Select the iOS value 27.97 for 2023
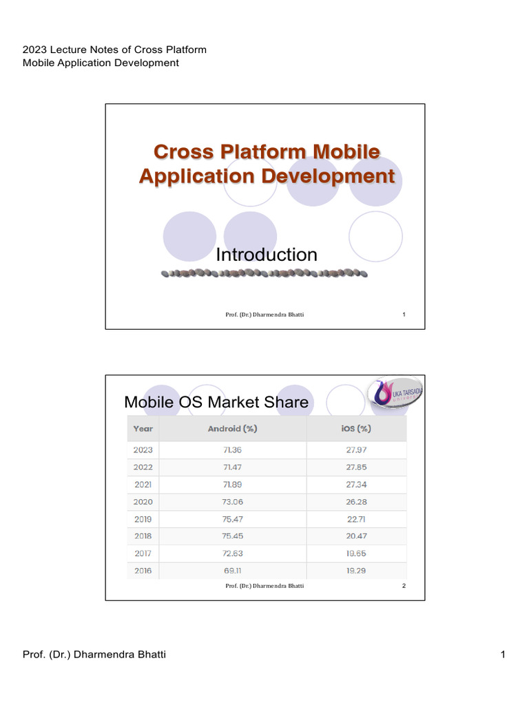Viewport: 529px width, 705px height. (357, 450)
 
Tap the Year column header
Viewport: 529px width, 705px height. (143, 428)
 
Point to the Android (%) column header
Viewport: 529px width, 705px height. (232, 428)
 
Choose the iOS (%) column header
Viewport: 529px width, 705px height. (357, 428)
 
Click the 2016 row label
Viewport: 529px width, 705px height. (143, 571)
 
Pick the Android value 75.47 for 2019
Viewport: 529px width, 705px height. (232, 519)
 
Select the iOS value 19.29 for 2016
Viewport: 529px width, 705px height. (357, 571)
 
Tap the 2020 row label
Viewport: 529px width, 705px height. (143, 502)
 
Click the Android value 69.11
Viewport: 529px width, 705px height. (232, 571)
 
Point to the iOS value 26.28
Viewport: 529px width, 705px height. (357, 502)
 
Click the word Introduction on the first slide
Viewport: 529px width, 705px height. (267, 255)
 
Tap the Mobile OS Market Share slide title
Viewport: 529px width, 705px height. (216, 402)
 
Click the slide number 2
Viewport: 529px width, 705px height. (404, 586)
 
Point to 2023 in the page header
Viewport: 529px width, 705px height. (34, 50)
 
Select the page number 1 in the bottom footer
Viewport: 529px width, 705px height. (504, 654)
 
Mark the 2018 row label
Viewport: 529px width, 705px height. (143, 536)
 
